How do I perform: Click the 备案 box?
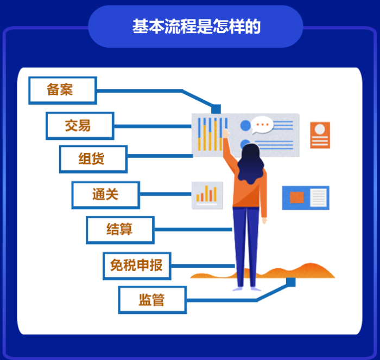click(x=62, y=91)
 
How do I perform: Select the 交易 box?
click(x=80, y=126)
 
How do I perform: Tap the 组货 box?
click(x=93, y=159)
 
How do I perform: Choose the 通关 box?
click(x=106, y=195)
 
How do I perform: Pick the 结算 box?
click(x=120, y=230)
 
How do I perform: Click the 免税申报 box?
click(x=137, y=266)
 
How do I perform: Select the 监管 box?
click(x=153, y=300)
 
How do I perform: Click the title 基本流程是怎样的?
click(x=197, y=27)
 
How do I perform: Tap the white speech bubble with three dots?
click(x=262, y=125)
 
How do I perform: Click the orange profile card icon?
click(x=320, y=135)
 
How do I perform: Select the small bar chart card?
click(x=207, y=195)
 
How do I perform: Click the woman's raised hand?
click(x=226, y=133)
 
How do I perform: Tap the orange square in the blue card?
click(x=296, y=197)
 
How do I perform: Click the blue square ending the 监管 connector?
click(x=290, y=282)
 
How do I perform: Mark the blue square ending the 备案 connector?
click(x=216, y=109)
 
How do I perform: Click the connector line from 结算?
click(x=193, y=229)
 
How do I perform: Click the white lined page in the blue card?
click(x=318, y=197)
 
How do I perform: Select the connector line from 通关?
click(x=166, y=194)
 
